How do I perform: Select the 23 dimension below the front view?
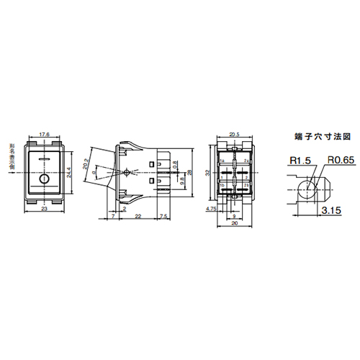(44, 209)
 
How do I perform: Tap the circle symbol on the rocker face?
(44, 160)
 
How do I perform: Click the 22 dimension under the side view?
(137, 216)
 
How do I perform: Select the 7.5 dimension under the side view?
(163, 216)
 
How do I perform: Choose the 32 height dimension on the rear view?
(209, 172)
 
